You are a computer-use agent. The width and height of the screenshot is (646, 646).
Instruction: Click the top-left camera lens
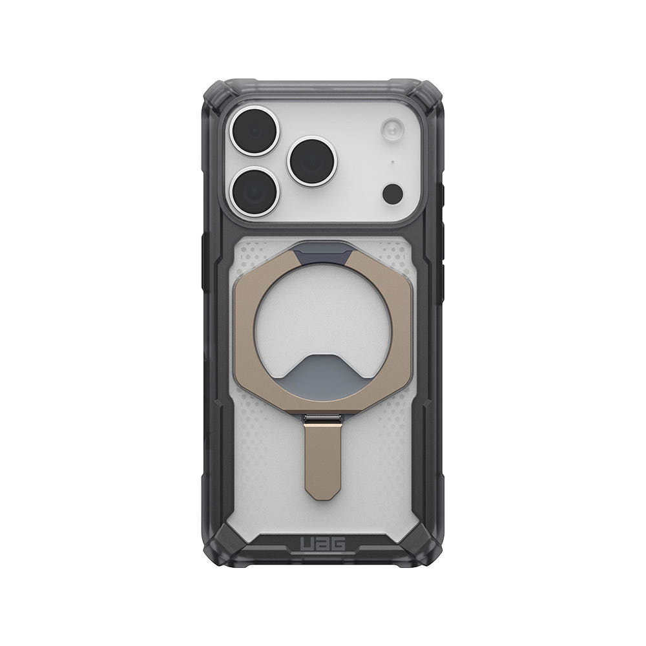[x=254, y=130]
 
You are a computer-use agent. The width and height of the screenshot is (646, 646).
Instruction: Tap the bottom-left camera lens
[x=254, y=191]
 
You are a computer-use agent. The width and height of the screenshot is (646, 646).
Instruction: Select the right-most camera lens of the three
[x=312, y=161]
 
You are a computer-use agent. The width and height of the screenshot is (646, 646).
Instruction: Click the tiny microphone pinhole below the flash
[x=392, y=162]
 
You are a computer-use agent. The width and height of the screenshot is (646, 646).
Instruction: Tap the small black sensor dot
[x=393, y=194]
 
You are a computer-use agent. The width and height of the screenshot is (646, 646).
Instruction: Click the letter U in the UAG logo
[x=307, y=544]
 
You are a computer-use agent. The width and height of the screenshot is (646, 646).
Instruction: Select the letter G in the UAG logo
[x=337, y=544]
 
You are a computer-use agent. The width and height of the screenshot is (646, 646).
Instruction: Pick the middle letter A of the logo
[x=322, y=544]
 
